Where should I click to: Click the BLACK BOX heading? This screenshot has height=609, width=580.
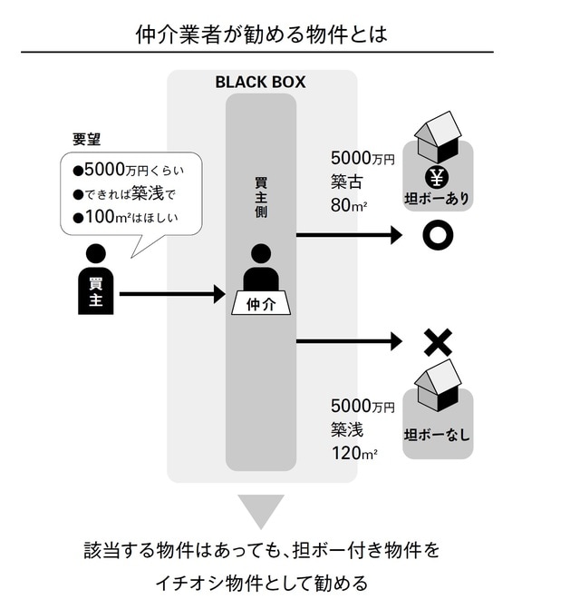point(260,82)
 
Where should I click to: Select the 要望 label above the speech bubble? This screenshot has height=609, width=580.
point(86,140)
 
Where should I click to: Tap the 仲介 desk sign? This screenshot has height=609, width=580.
point(261,304)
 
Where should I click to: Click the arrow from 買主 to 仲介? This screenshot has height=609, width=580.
point(171,293)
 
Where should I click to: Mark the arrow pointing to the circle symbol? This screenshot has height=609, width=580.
point(349,236)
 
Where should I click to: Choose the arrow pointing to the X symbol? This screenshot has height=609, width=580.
point(349,341)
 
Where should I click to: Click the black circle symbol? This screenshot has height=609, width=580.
point(437,236)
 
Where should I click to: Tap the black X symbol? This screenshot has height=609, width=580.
point(438,342)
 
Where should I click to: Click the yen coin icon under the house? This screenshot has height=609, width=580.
point(436,176)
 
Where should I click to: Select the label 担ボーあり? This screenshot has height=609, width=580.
point(438,199)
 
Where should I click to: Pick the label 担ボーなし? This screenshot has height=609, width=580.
point(438,434)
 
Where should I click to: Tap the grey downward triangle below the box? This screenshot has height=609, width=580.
point(261,511)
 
